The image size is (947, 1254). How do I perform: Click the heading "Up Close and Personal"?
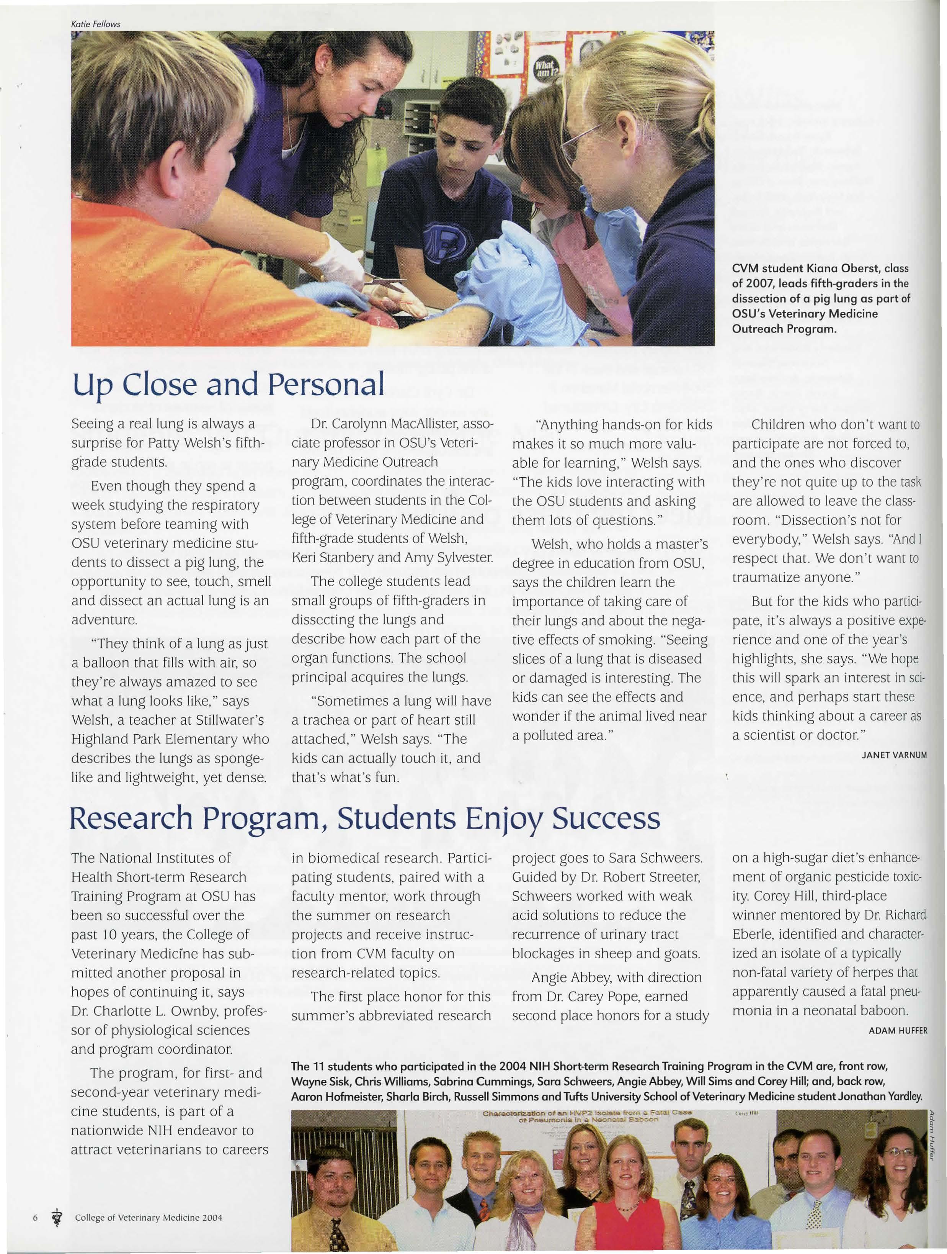228,385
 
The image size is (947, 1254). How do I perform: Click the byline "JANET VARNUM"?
894,755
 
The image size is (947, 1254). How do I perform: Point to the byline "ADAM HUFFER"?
897,1031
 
